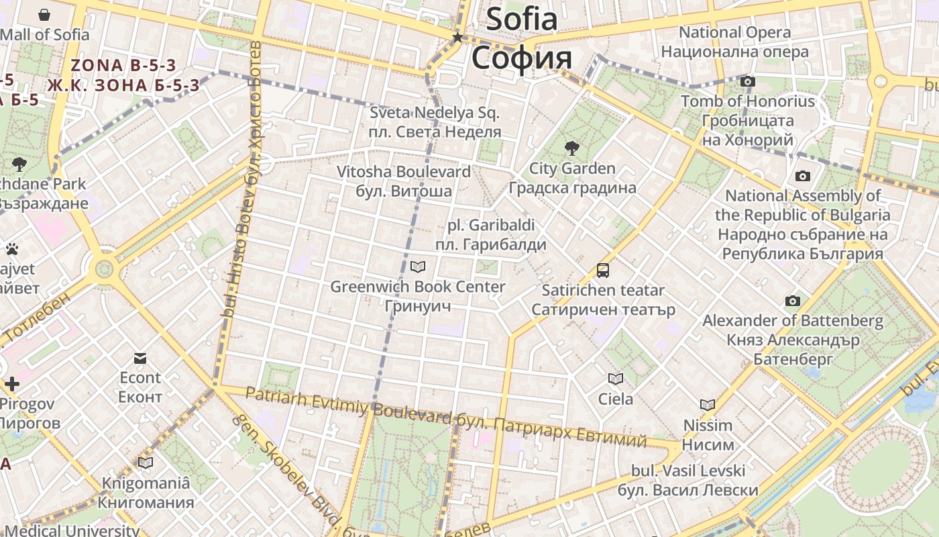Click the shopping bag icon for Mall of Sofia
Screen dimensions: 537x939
(44, 15)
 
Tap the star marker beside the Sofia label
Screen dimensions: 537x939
(458, 38)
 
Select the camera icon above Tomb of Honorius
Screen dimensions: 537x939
(748, 82)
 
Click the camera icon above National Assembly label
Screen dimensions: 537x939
(802, 177)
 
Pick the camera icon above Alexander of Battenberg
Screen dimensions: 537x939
(793, 301)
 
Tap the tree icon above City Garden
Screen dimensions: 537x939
(572, 148)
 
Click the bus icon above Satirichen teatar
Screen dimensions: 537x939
(603, 271)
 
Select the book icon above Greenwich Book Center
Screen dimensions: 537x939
(418, 267)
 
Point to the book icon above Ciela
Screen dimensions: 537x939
(615, 379)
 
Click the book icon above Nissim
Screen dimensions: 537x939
(708, 405)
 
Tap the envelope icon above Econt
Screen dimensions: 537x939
(140, 358)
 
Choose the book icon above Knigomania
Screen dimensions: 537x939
(146, 462)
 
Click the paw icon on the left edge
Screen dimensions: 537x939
(11, 250)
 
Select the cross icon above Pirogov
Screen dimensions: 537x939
(12, 385)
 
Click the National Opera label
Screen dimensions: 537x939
(735, 42)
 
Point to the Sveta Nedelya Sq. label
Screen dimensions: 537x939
(435, 121)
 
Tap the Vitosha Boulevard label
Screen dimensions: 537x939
(404, 181)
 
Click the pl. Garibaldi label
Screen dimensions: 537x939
(491, 234)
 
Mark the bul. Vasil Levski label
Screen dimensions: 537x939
(688, 480)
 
